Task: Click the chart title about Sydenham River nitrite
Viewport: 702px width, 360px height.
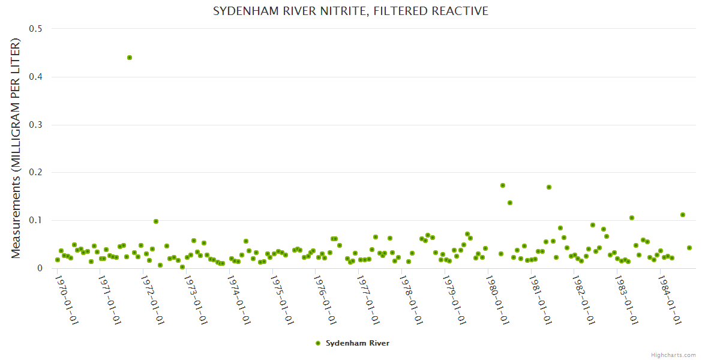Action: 350,11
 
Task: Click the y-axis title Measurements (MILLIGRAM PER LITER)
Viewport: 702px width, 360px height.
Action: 16,148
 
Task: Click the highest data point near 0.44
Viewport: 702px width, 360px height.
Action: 130,58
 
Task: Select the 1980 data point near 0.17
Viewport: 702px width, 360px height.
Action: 503,185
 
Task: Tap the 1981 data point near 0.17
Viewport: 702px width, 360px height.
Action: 549,187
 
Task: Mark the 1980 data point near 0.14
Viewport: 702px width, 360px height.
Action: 510,203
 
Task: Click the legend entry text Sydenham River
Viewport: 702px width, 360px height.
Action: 358,343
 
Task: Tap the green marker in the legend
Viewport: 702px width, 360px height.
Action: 318,343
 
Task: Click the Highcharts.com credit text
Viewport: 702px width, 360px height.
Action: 673,355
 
